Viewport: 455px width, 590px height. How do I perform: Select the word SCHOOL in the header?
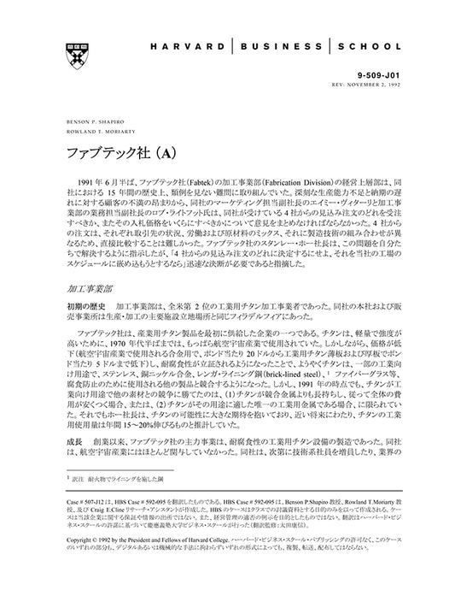368,46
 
